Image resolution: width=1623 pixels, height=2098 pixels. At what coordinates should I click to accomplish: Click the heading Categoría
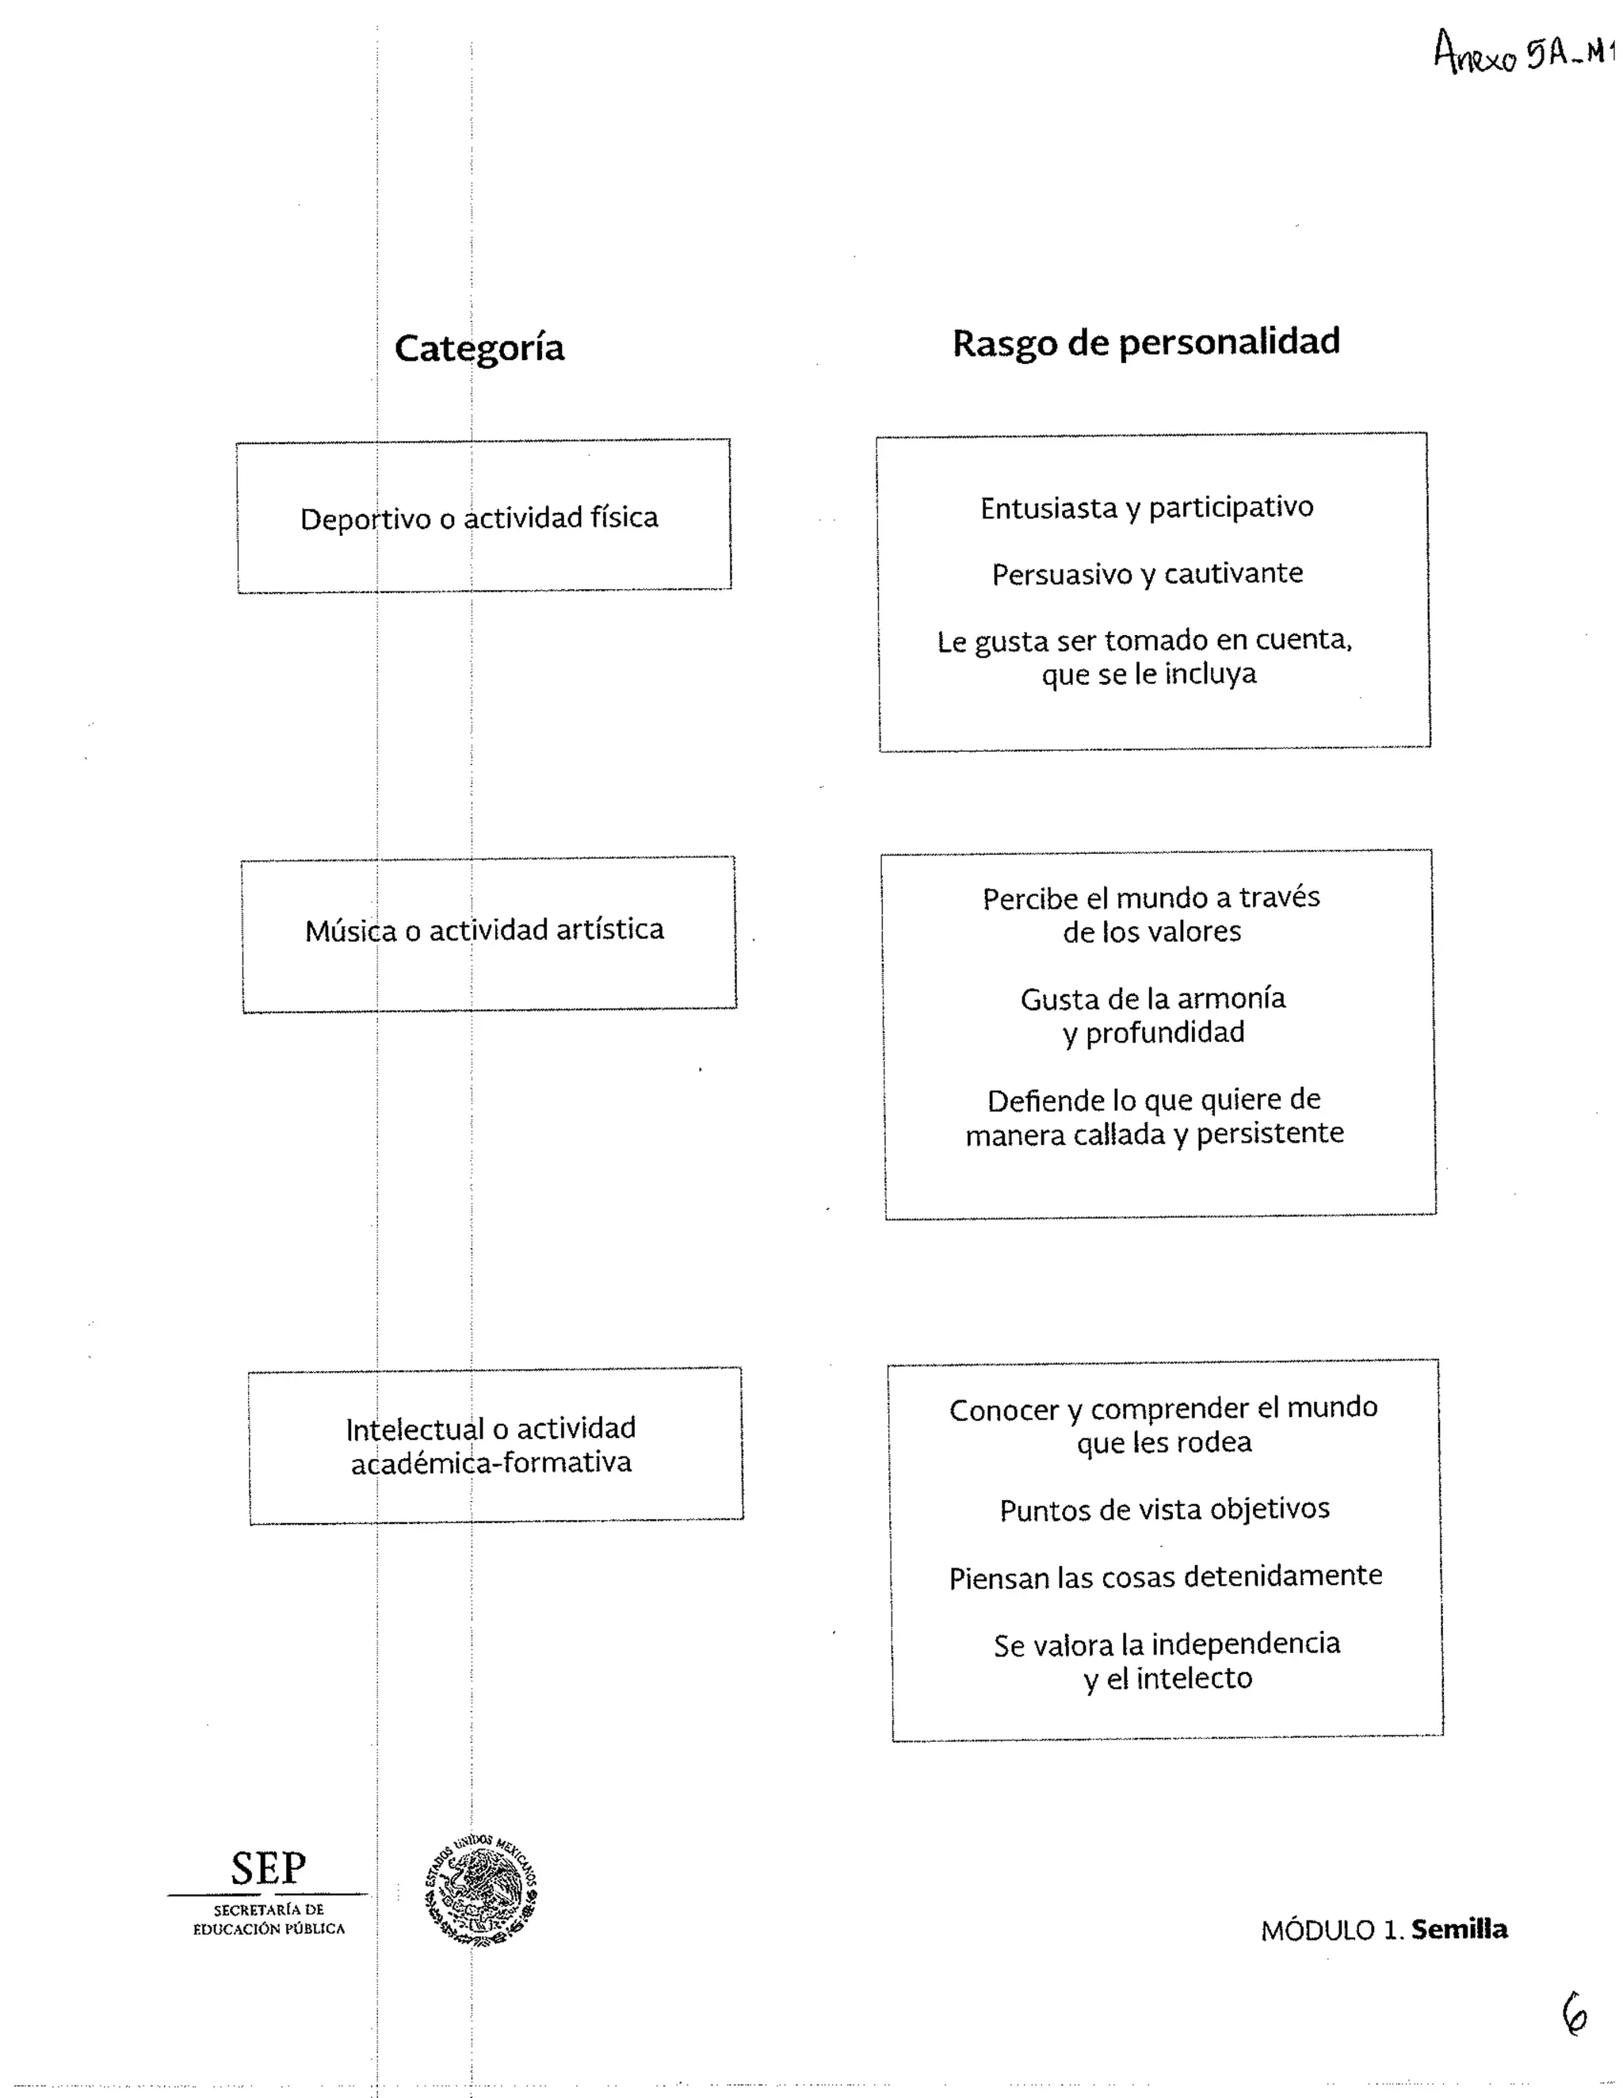(x=479, y=349)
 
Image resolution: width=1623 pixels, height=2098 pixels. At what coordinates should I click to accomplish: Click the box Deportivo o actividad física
(x=484, y=517)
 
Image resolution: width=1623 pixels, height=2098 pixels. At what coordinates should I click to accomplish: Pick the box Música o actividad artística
(x=489, y=932)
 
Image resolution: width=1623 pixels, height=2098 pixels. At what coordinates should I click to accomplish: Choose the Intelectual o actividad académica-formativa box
(x=495, y=1445)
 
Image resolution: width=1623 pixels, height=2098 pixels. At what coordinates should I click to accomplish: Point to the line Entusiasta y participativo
(x=1147, y=507)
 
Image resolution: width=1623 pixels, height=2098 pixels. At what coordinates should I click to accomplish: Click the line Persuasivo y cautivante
(x=1148, y=573)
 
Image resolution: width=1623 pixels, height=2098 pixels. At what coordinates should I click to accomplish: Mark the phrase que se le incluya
(x=1148, y=674)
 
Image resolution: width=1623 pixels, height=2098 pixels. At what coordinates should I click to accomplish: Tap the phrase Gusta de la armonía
(x=1152, y=999)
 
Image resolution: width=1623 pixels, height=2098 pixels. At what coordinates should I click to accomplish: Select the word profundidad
(x=1165, y=1032)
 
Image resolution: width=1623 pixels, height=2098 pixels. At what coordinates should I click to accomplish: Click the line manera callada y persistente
(x=1155, y=1135)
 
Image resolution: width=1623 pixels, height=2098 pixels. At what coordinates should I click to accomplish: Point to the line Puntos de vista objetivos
(x=1164, y=1509)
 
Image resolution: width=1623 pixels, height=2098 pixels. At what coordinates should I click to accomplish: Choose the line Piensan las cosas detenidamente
(x=1165, y=1577)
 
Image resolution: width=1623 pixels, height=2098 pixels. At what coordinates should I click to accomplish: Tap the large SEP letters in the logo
(x=268, y=1868)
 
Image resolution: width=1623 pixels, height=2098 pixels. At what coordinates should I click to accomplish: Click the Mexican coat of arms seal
(x=481, y=1892)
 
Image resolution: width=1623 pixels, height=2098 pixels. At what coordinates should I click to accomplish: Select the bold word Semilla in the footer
(x=1459, y=1930)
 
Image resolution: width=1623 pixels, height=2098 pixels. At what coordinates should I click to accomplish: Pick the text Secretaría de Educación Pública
(x=269, y=1920)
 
